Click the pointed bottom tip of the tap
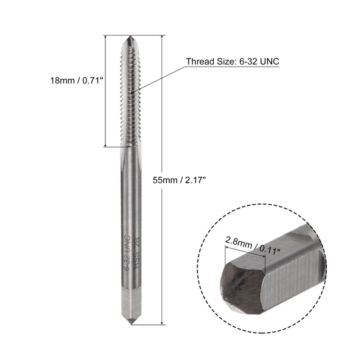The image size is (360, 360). click(x=131, y=323)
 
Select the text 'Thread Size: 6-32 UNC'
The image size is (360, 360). click(x=233, y=62)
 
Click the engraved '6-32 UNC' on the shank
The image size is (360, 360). click(x=126, y=252)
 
